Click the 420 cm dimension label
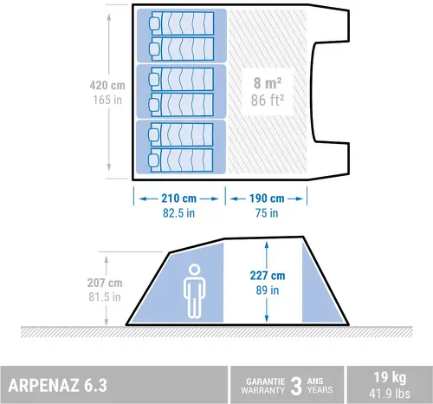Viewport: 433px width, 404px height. coord(107,86)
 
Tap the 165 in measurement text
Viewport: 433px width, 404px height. coord(107,100)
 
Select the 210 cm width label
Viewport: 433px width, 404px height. coord(179,199)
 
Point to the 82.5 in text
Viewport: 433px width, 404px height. coord(178,213)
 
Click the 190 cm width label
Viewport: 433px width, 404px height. coord(267,199)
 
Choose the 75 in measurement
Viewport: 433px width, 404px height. coord(267,213)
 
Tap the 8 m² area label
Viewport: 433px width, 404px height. coord(268,83)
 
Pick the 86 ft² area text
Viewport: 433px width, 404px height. coord(268,101)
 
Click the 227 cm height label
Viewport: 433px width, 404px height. coord(268,276)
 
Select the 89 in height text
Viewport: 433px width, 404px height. coord(268,290)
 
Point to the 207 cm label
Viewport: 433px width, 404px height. coord(105,283)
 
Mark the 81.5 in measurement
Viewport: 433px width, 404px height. coord(105,296)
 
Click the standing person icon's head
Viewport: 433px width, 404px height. coord(194,270)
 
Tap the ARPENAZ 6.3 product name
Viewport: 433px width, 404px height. coord(58,385)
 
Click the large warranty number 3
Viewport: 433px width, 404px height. coord(296,386)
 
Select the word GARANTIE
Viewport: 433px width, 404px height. coord(266,381)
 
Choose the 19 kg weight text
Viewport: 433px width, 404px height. coord(390,377)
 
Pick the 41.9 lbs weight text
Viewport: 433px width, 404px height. coord(390,394)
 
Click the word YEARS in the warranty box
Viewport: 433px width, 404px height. coord(320,390)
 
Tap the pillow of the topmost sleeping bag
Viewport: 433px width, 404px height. coord(155,23)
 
